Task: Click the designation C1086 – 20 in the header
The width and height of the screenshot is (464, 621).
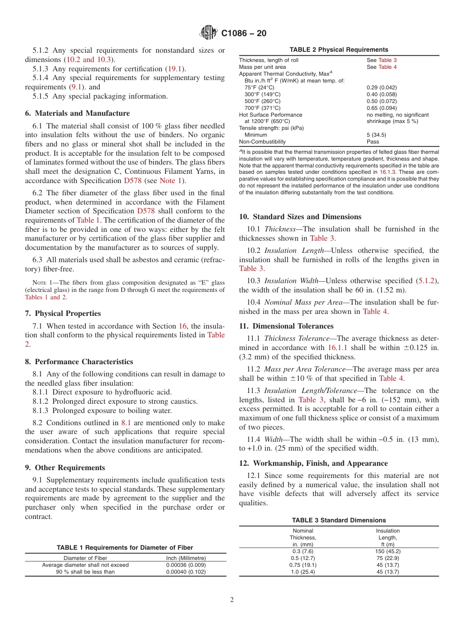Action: point(244,34)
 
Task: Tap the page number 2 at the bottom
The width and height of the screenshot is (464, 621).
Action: point(232,600)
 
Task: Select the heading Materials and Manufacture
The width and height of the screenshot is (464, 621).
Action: point(77,113)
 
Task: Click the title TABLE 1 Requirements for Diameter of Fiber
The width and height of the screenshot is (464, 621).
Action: point(125,548)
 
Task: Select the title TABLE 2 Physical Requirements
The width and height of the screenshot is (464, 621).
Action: point(338,50)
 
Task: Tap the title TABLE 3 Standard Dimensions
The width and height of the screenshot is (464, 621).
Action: point(338,520)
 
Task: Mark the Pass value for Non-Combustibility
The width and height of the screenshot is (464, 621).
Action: point(373,142)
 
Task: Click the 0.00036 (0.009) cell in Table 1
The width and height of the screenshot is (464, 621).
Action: point(186,565)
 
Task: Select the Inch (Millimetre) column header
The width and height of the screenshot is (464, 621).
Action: point(186,558)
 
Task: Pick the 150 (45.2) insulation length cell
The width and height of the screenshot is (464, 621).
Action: point(388,551)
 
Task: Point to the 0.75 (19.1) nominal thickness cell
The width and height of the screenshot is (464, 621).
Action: point(303,565)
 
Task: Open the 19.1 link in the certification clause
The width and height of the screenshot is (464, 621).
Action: point(176,69)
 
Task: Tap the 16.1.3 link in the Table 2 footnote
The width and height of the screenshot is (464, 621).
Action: point(388,172)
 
